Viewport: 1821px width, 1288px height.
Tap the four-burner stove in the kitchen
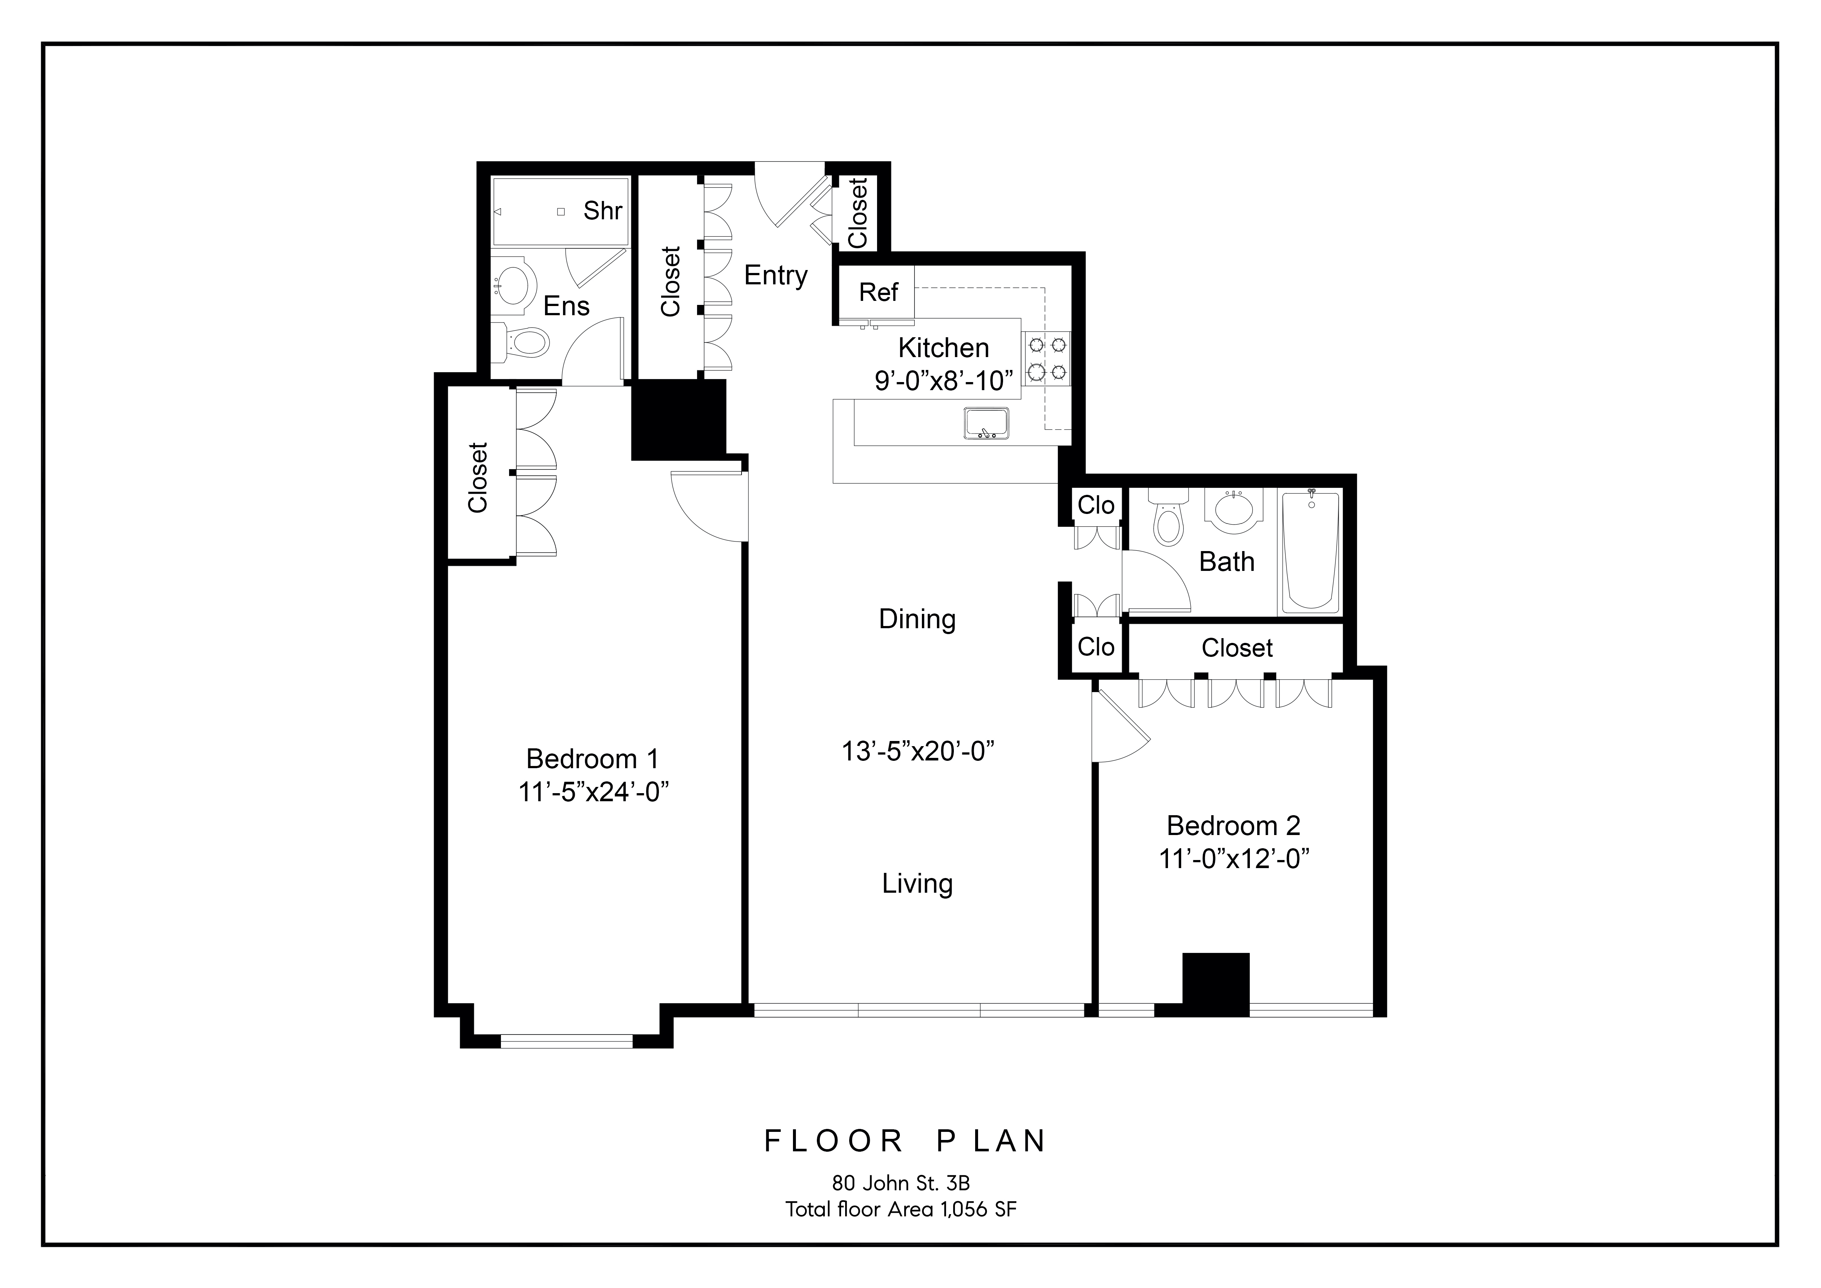pos(1046,359)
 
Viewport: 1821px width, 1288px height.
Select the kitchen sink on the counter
pos(986,424)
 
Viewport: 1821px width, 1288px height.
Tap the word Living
pos(917,884)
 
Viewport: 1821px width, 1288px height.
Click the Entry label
pos(775,275)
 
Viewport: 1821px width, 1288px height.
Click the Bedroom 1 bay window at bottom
pos(566,1041)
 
